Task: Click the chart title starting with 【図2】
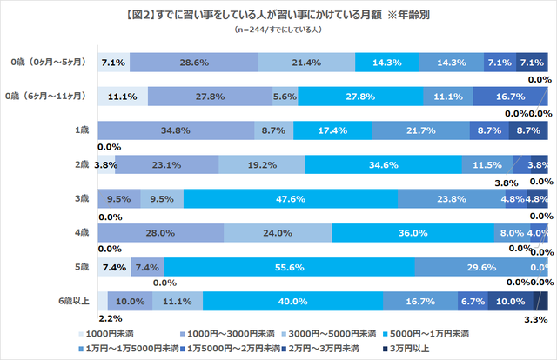pyautogui.click(x=278, y=15)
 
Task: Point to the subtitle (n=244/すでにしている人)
pyautogui.click(x=278, y=30)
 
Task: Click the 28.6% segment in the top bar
pyautogui.click(x=193, y=63)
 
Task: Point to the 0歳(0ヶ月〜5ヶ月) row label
pyautogui.click(x=48, y=63)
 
